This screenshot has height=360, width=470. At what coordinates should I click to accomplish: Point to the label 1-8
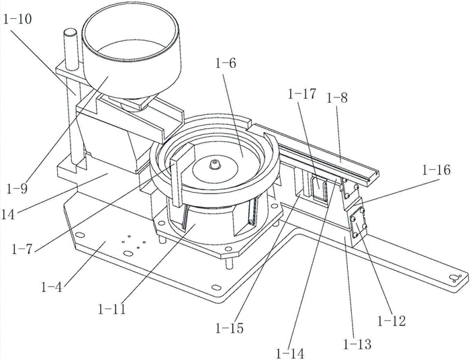[338, 97]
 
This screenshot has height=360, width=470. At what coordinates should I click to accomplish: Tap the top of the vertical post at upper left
[68, 32]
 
